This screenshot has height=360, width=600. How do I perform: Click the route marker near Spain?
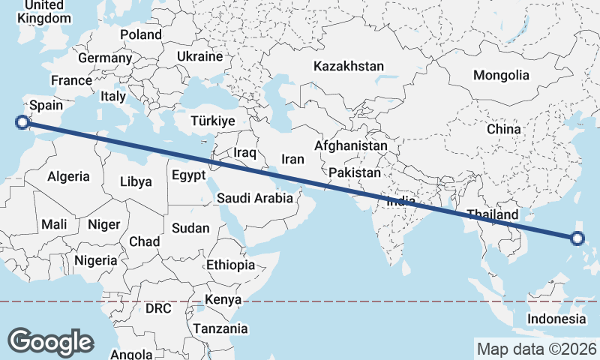(x=22, y=122)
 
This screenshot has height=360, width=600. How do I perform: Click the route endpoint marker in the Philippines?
(x=577, y=238)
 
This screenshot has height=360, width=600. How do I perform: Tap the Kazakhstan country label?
(x=349, y=66)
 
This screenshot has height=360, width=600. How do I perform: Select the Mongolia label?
(x=501, y=75)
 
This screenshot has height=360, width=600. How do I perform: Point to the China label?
(x=503, y=129)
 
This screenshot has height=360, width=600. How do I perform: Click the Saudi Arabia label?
(x=254, y=199)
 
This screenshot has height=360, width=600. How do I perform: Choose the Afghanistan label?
(x=351, y=145)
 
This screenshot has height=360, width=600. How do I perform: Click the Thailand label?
(x=491, y=214)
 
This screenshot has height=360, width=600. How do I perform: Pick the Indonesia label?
(x=556, y=319)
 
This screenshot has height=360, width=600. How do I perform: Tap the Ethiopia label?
(x=231, y=265)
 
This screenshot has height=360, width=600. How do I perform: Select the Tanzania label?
(x=220, y=328)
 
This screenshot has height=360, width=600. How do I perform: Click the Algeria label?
(x=69, y=177)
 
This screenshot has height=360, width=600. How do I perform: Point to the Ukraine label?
(x=200, y=56)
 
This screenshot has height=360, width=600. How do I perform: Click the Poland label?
(x=141, y=34)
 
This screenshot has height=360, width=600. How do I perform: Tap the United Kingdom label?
(x=39, y=11)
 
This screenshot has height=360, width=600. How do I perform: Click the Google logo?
(x=50, y=341)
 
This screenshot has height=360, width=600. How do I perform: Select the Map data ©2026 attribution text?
(x=536, y=349)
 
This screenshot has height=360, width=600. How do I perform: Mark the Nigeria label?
(x=96, y=260)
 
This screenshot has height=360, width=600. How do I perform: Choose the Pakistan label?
(x=355, y=172)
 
